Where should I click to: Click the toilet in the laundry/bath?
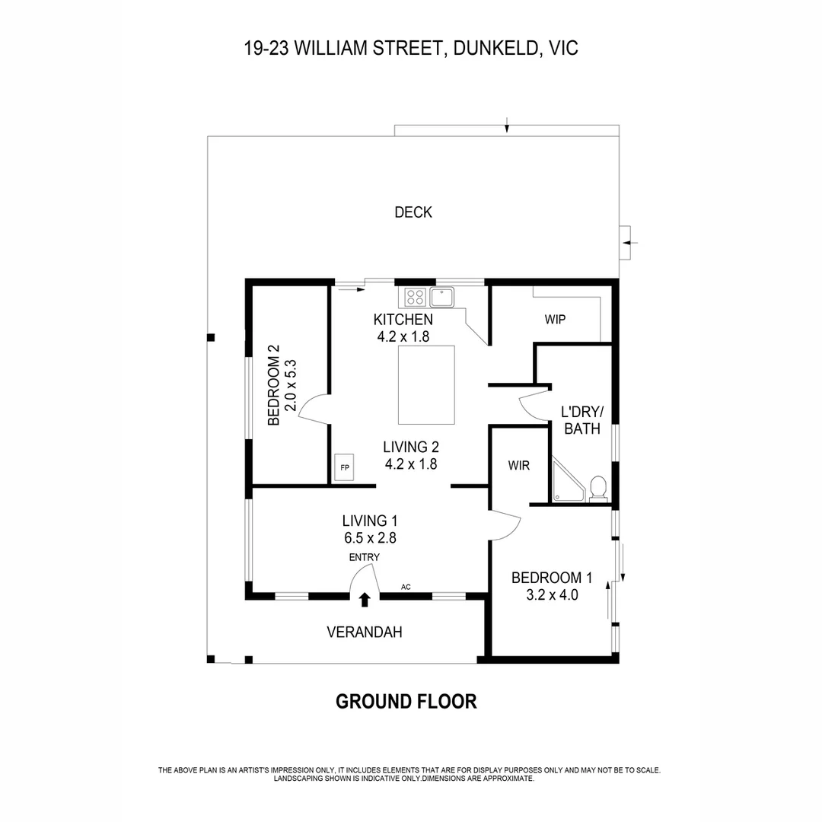click(598, 489)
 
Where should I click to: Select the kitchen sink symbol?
click(441, 296)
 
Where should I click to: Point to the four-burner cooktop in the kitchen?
click(415, 296)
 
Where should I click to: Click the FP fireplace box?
click(344, 467)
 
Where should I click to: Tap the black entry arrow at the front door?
click(365, 600)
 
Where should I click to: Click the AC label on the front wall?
click(406, 587)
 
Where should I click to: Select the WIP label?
click(555, 320)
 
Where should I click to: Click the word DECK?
click(413, 212)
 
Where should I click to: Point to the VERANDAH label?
click(364, 632)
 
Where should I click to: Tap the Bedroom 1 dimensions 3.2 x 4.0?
click(552, 595)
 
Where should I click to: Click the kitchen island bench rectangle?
click(426, 384)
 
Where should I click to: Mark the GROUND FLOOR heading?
click(406, 701)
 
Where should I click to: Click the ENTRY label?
click(364, 557)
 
